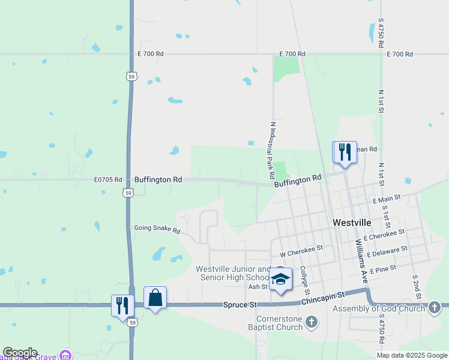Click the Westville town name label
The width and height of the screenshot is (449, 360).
tap(352, 222)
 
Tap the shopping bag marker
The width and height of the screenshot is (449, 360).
tap(155, 298)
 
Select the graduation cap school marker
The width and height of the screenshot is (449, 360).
tap(280, 280)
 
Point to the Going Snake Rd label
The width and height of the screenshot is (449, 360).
tap(157, 229)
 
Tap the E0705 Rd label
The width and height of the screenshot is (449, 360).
tap(108, 179)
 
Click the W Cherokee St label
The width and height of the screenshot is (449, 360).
tap(301, 247)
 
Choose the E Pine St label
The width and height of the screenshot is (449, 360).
tap(384, 271)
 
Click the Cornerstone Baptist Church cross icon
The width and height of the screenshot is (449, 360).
tap(311, 322)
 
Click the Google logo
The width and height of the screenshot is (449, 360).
tap(20, 353)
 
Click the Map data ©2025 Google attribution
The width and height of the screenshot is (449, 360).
tap(411, 355)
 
